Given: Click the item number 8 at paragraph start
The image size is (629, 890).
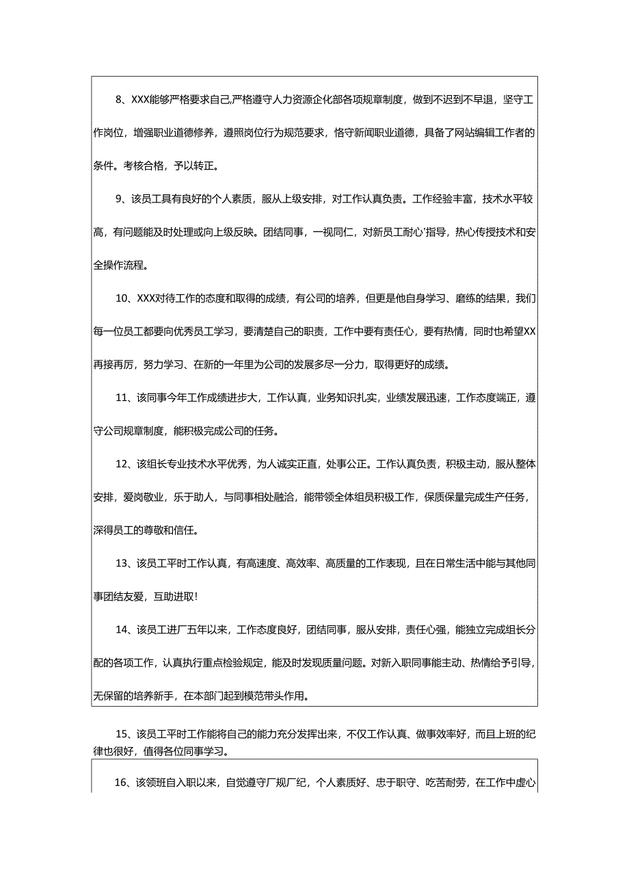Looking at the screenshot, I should (119, 100).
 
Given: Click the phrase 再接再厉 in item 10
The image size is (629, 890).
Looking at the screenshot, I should (113, 365).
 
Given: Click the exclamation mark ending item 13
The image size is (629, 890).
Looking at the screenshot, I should (197, 597).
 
